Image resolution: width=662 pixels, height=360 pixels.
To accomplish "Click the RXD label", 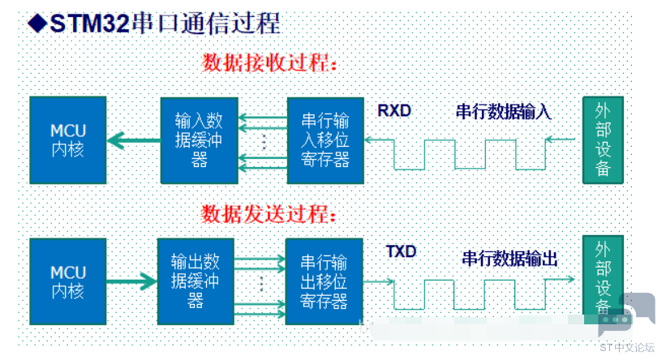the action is pyautogui.click(x=394, y=110).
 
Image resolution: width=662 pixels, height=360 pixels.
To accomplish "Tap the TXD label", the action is pyautogui.click(x=401, y=251).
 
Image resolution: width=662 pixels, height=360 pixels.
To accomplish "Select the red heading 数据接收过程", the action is pyautogui.click(x=269, y=63).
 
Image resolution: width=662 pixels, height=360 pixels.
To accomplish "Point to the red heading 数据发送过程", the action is pyautogui.click(x=269, y=213).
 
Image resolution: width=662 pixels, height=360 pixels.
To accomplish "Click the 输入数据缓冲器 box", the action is pyautogui.click(x=200, y=140).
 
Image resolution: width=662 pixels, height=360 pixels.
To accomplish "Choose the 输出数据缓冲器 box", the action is pyautogui.click(x=196, y=281).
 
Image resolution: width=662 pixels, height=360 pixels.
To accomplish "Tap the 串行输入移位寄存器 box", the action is pyautogui.click(x=325, y=140).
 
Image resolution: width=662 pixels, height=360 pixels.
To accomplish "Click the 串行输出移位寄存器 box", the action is pyautogui.click(x=325, y=281).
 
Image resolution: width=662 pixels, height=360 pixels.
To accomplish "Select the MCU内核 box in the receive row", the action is pyautogui.click(x=68, y=140).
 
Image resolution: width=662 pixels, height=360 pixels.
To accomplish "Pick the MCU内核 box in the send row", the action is pyautogui.click(x=68, y=281).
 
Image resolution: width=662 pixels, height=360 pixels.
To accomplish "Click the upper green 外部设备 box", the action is pyautogui.click(x=603, y=140).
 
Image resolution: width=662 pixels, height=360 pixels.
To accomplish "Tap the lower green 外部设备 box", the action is pyautogui.click(x=603, y=275).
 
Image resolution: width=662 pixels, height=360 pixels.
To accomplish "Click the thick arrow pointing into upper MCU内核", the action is pyautogui.click(x=134, y=140).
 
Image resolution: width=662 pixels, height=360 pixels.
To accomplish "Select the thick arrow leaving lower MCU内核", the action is pyautogui.click(x=131, y=281).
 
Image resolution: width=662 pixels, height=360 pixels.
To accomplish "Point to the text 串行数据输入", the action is pyautogui.click(x=504, y=112).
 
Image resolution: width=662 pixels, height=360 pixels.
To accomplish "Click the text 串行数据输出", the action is pyautogui.click(x=510, y=259).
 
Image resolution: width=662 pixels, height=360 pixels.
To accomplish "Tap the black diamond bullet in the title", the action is pyautogui.click(x=37, y=24).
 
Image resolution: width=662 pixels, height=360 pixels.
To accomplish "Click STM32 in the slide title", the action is pyautogui.click(x=89, y=24).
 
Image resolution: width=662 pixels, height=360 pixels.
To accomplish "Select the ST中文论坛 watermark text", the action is pyautogui.click(x=626, y=347).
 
